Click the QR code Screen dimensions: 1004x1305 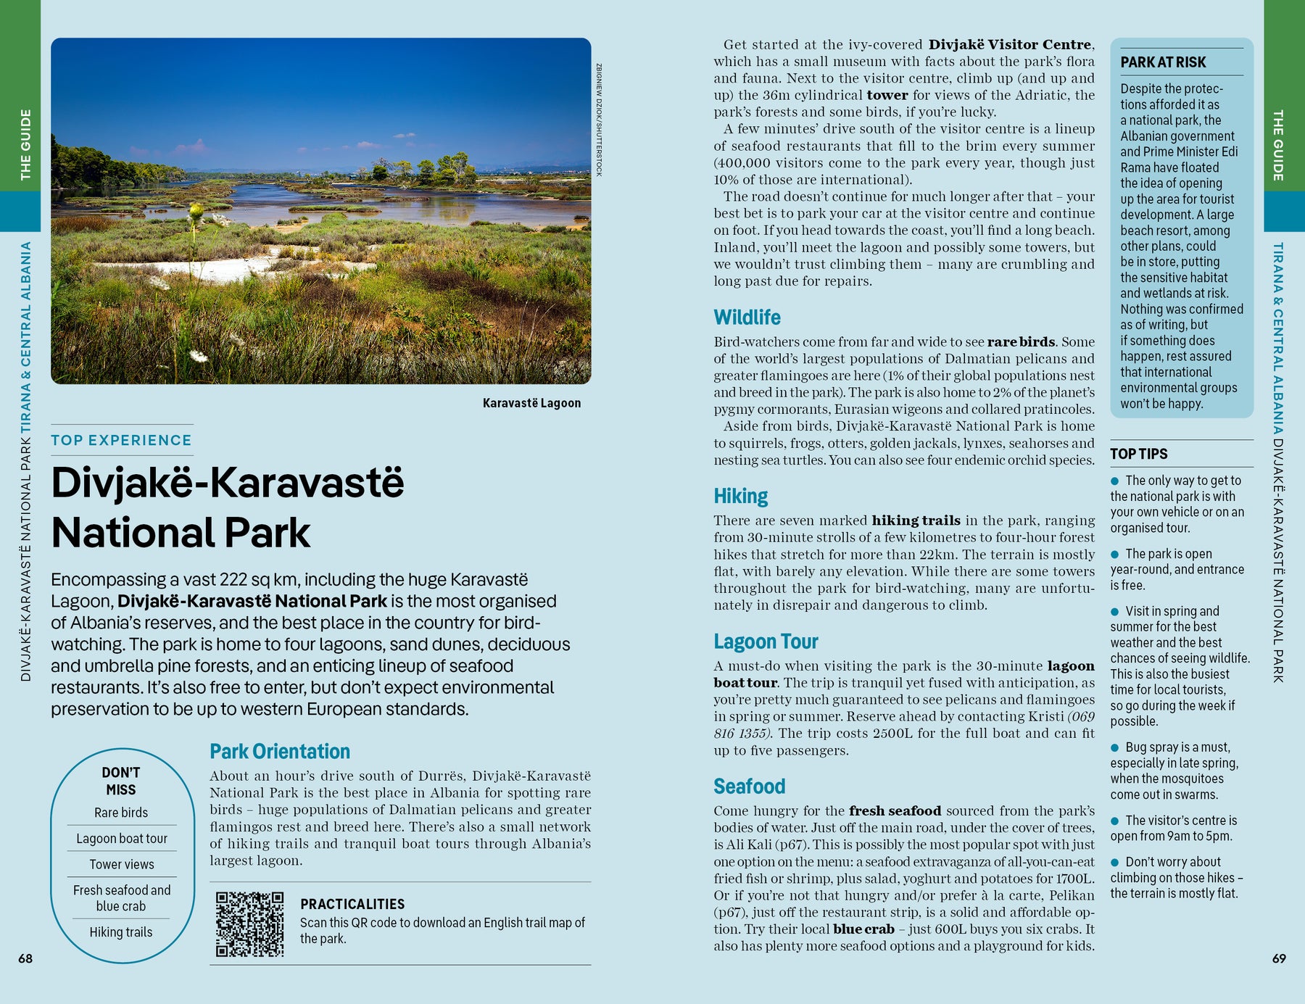point(249,924)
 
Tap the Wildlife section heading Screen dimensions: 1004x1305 point(747,318)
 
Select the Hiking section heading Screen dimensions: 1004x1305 point(740,496)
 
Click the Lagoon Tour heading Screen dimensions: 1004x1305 point(766,642)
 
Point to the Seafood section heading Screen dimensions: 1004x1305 point(749,787)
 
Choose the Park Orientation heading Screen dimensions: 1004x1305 point(280,752)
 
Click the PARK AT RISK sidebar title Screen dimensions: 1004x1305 point(1163,62)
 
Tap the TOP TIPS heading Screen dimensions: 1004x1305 point(1138,454)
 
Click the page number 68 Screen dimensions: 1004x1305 point(25,958)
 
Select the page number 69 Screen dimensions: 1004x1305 point(1279,958)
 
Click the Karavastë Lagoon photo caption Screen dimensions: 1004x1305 point(531,403)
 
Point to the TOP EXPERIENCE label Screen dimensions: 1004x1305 point(121,440)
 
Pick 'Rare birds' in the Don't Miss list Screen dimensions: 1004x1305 point(121,813)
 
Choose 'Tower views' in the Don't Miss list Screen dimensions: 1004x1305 point(122,864)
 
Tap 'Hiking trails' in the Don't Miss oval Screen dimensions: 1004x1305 point(121,932)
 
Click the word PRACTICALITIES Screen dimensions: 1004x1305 point(352,904)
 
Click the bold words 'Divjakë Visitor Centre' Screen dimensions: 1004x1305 point(1010,45)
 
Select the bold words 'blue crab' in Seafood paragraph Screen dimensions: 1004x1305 point(863,929)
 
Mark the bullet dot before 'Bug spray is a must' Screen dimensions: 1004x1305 point(1115,747)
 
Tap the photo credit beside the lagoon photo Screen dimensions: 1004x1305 point(599,120)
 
